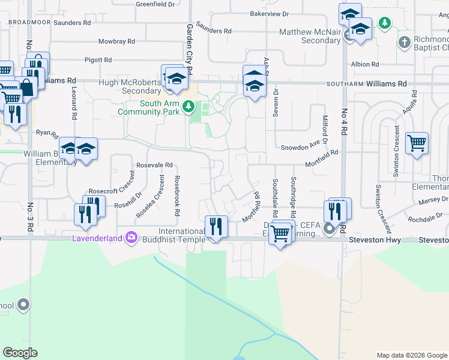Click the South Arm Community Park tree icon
coord(189,106)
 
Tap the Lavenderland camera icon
coord(131,238)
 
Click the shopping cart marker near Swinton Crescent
coord(417,143)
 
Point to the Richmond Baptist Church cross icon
coord(405,43)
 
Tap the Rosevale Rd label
coord(154,165)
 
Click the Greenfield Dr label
coord(155,4)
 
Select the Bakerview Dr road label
coord(269,13)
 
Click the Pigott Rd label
coord(98,60)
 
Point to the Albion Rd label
coord(365,64)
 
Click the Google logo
coord(20,353)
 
